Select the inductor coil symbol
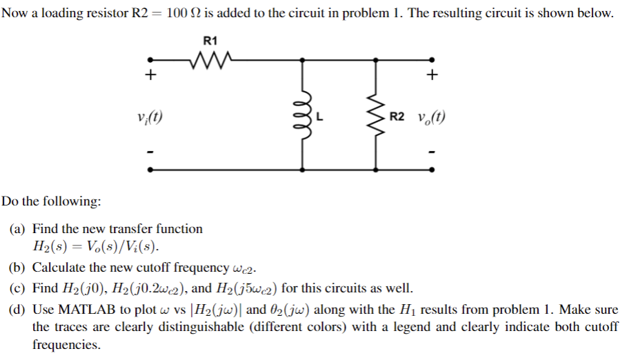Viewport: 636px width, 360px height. (x=302, y=114)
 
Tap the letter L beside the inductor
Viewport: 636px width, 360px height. (x=319, y=117)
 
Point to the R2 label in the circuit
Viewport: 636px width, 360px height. (x=397, y=117)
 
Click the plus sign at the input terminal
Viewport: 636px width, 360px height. (x=150, y=75)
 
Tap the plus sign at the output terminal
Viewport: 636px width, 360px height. (x=433, y=75)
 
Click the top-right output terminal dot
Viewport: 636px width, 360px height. (x=433, y=59)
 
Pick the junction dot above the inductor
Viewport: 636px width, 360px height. (x=302, y=59)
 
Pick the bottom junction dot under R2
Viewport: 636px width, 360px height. (x=376, y=168)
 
